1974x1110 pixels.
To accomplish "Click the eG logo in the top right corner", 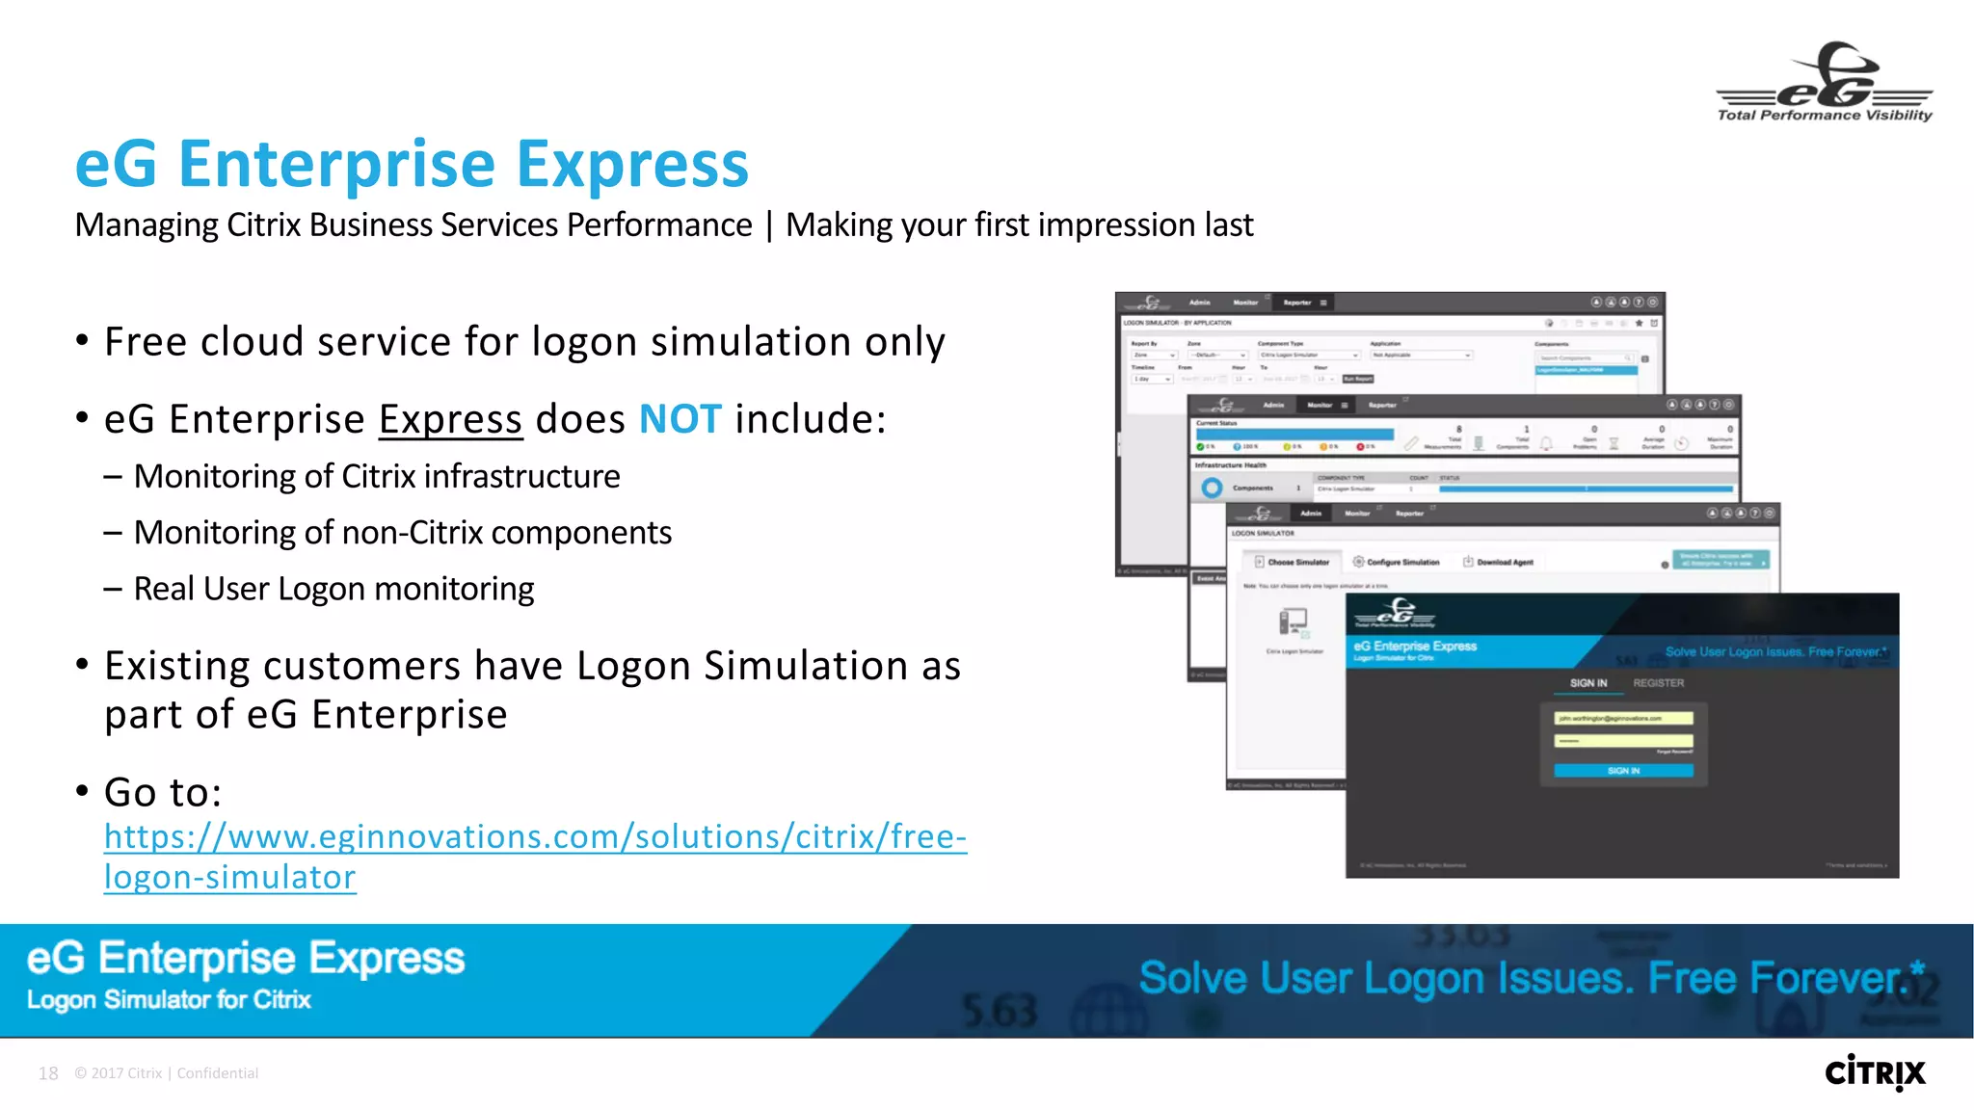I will point(1825,81).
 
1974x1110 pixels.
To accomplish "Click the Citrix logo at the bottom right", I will point(1875,1072).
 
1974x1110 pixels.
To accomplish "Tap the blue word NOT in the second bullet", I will point(680,419).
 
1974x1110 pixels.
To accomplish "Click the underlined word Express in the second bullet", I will point(450,420).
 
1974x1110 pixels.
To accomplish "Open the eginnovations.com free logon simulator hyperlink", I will point(535,837).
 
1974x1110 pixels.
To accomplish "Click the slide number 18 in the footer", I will point(48,1073).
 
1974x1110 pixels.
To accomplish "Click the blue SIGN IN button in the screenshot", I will point(1623,771).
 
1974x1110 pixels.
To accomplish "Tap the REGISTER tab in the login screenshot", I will point(1658,683).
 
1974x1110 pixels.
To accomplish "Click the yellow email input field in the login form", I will point(1623,718).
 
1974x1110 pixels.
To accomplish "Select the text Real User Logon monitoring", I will point(333,589).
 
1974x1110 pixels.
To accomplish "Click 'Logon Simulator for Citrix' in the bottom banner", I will point(169,1000).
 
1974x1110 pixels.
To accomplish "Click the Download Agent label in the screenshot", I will point(1504,562).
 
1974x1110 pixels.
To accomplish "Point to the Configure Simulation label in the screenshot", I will point(1401,562).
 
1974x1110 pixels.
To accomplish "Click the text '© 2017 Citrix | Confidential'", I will point(166,1073).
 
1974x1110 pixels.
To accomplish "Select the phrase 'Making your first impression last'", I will point(1019,225).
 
